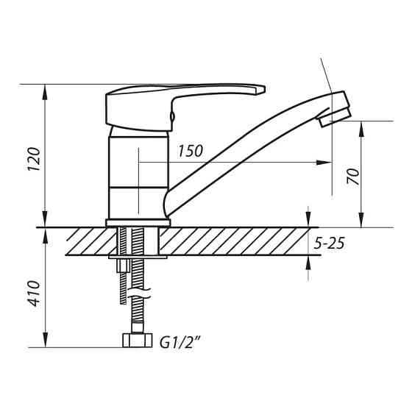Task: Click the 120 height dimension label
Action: [35, 159]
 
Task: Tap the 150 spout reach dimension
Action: [191, 151]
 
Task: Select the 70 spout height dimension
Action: [352, 176]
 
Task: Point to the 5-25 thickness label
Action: [329, 244]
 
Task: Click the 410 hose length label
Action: [35, 294]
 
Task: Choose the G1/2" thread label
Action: [180, 342]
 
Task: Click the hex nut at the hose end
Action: [138, 340]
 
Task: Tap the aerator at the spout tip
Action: [335, 118]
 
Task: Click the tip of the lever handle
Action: [264, 88]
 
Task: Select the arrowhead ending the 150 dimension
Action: [324, 163]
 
